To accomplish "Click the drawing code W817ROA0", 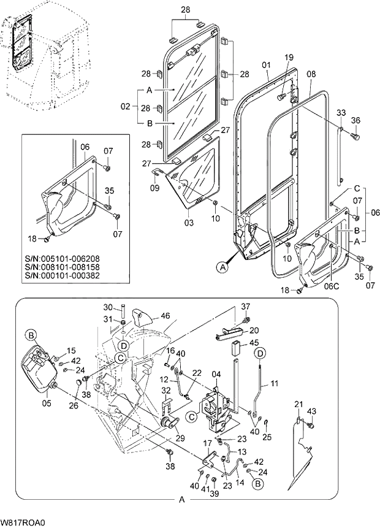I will tap(23, 522).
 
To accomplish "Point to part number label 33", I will tap(341, 113).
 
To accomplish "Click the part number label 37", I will tap(246, 306).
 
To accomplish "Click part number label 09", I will tap(155, 188).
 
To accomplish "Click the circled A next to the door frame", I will tap(222, 266).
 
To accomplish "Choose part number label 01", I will tap(266, 64).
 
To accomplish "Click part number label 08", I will tap(311, 74).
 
